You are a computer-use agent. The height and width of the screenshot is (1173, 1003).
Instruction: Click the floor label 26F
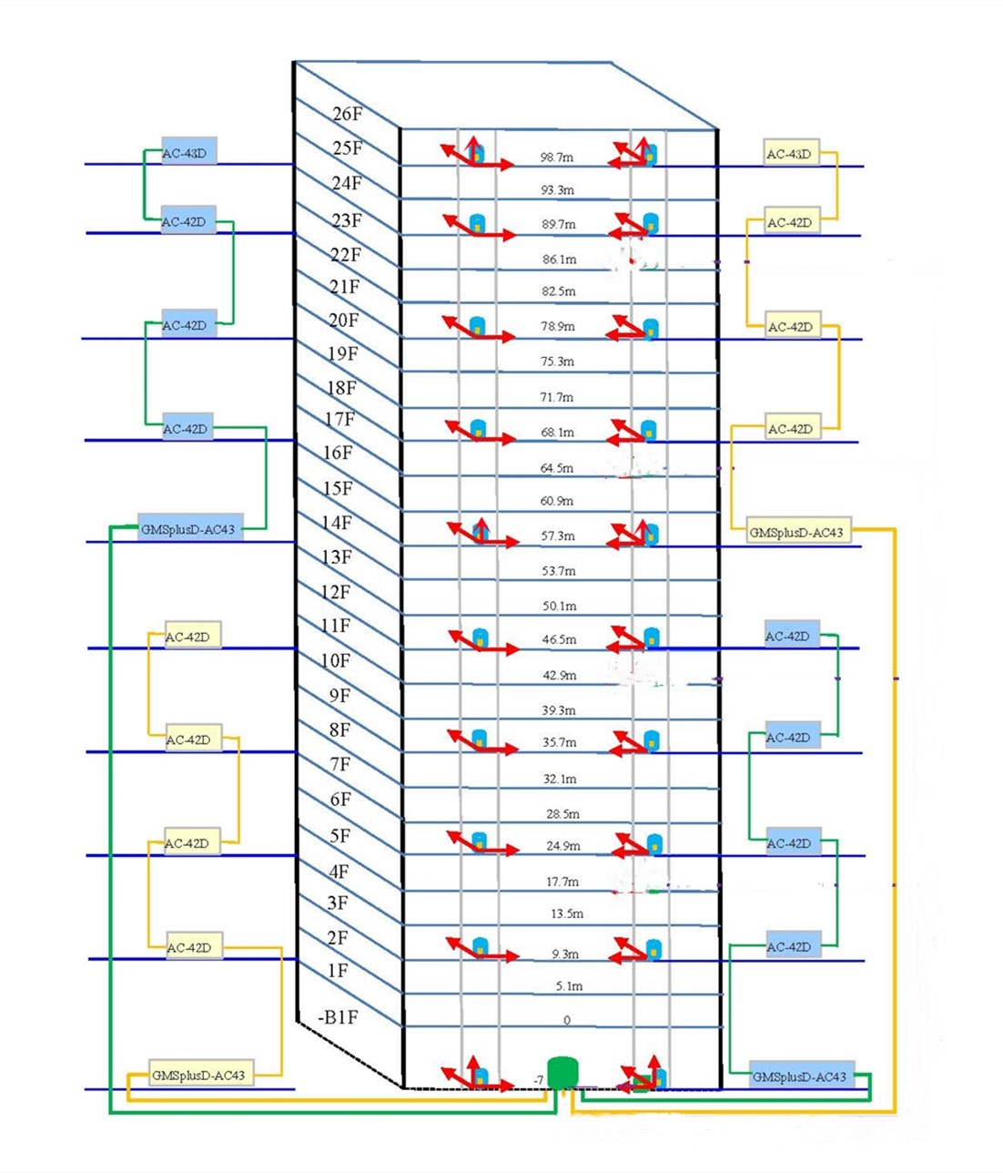[348, 114]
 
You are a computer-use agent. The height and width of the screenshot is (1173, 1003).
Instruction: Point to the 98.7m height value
[556, 158]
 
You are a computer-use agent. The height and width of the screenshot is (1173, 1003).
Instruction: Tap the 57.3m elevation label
[558, 536]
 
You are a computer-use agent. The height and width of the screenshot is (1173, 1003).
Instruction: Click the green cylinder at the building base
[563, 1073]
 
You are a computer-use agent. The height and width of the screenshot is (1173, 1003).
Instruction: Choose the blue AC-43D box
[189, 153]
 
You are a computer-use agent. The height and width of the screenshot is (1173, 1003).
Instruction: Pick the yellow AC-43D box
[789, 154]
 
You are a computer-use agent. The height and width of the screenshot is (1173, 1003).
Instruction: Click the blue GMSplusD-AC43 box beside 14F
[189, 529]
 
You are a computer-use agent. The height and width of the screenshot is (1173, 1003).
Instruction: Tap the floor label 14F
[337, 523]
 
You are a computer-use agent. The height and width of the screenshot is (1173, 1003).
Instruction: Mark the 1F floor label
[338, 971]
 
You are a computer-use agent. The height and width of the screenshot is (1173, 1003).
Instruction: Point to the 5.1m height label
[569, 985]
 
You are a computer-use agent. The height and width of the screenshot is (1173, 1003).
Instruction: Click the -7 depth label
[538, 1081]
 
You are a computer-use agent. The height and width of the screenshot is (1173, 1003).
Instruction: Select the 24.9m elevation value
[562, 846]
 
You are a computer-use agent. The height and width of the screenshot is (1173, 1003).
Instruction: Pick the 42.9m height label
[560, 676]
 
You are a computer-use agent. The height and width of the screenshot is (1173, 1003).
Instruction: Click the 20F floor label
[344, 321]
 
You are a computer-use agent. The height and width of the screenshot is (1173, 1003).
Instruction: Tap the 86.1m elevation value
[559, 260]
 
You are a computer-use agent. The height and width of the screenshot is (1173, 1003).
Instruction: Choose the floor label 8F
[339, 729]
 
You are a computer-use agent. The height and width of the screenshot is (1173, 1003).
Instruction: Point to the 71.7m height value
[557, 397]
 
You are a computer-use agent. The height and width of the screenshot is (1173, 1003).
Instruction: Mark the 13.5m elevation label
[567, 913]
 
